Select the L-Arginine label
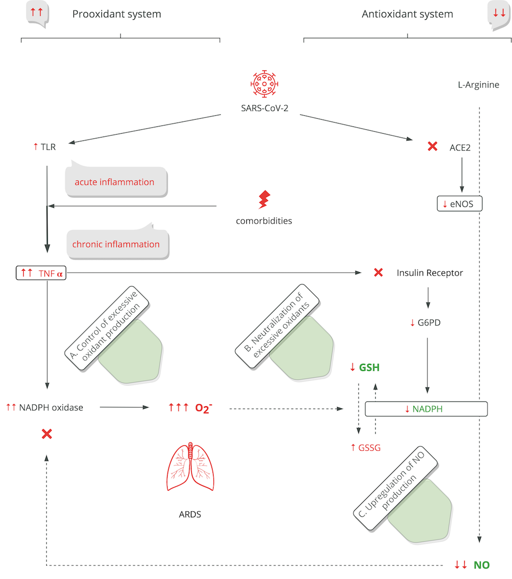point(478,85)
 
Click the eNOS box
point(459,204)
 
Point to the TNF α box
point(41,274)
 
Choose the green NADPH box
point(426,409)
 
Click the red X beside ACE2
point(432,146)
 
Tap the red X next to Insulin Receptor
point(378,273)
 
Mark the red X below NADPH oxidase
point(47,434)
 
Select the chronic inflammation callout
point(116,244)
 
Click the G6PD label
point(428,323)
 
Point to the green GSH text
point(369,368)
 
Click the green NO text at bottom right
point(481,565)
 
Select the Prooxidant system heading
point(116,14)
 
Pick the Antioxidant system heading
point(407,14)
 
